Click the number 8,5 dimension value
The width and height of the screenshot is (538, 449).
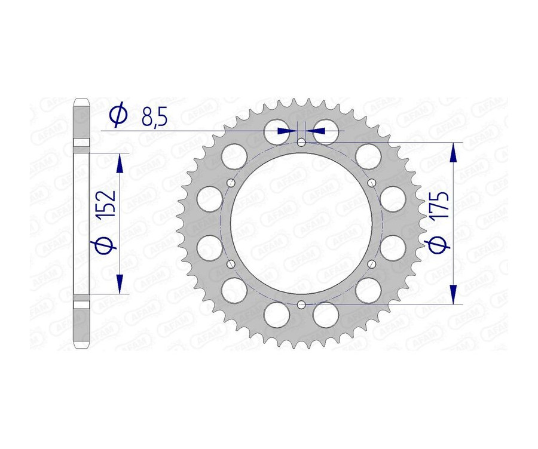(154, 115)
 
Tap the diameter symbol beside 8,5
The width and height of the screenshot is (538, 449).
(118, 115)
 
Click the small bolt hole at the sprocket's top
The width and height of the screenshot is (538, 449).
(301, 142)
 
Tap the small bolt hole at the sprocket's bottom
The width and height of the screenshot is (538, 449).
(301, 305)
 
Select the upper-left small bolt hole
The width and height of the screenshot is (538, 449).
(231, 183)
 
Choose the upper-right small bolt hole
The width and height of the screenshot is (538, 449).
(371, 183)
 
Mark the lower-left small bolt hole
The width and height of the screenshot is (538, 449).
(231, 265)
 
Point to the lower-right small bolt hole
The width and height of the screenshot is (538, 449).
(371, 265)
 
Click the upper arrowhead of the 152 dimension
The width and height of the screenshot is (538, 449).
(120, 162)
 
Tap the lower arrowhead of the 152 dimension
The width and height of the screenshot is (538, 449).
(120, 282)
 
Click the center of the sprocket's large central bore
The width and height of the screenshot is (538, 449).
(301, 224)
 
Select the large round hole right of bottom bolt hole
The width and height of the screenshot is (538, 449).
(326, 314)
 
